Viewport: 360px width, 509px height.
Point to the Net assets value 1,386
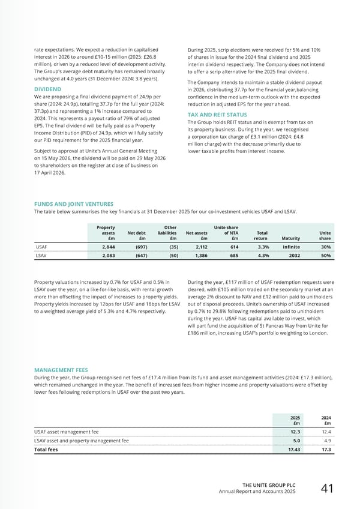[x=196, y=256]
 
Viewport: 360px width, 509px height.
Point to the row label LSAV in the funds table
[x=43, y=256]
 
